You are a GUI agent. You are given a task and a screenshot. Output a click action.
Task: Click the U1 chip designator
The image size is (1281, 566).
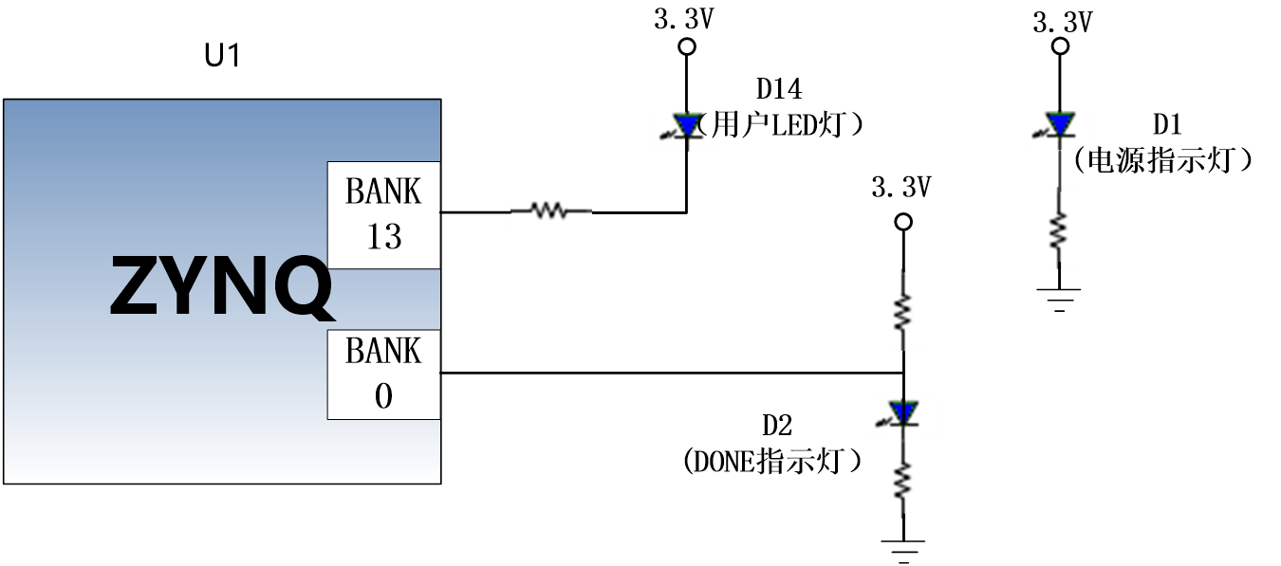click(x=222, y=55)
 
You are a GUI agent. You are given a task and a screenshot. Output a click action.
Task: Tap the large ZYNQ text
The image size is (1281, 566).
click(x=221, y=286)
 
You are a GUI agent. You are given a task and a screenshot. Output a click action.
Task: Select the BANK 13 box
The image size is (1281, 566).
click(x=383, y=215)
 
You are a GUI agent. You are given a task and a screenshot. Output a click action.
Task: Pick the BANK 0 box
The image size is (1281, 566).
click(x=383, y=374)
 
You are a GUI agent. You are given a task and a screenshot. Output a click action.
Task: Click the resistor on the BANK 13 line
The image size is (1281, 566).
click(x=550, y=210)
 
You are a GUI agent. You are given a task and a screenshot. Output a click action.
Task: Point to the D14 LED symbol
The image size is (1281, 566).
click(x=684, y=126)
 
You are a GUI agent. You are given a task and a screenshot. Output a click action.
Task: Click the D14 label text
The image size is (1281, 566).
click(x=779, y=89)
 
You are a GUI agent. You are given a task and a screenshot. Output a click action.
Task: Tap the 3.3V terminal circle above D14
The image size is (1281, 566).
click(x=687, y=46)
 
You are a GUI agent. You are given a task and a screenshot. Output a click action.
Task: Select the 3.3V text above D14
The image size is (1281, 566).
click(x=684, y=19)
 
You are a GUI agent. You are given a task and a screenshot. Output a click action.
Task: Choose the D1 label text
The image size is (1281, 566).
click(x=1166, y=124)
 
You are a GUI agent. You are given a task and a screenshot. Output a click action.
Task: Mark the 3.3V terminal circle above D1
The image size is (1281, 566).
click(x=1060, y=46)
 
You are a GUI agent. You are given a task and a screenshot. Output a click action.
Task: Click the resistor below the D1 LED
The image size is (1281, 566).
click(x=1059, y=230)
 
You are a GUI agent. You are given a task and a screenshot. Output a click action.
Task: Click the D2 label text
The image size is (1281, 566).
click(x=777, y=426)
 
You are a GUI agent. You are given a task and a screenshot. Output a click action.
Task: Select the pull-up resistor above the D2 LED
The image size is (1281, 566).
click(x=903, y=311)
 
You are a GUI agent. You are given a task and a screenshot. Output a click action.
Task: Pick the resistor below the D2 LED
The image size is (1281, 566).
click(x=903, y=480)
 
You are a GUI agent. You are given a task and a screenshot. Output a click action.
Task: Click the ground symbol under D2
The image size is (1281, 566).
click(x=903, y=551)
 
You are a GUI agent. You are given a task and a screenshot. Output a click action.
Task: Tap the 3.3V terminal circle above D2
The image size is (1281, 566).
click(x=903, y=222)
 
